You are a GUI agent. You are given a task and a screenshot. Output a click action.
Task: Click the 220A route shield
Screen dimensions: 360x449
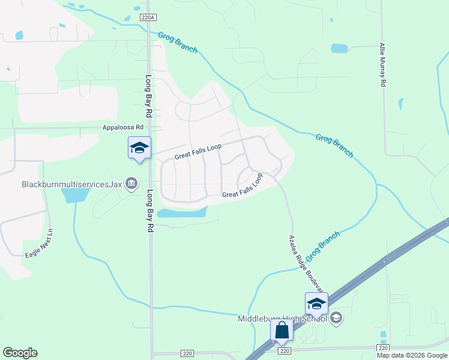pyautogui.click(x=148, y=18)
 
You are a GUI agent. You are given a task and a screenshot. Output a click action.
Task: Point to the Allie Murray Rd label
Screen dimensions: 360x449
pyautogui.click(x=382, y=65)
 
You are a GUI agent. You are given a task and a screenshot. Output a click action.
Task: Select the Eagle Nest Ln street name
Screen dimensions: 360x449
pyautogui.click(x=39, y=244)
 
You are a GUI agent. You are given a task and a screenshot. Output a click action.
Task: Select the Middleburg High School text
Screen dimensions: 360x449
pyautogui.click(x=282, y=319)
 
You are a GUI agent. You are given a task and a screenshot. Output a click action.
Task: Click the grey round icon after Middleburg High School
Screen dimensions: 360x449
pyautogui.click(x=336, y=317)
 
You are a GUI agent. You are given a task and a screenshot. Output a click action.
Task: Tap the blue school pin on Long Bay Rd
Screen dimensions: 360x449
pyautogui.click(x=139, y=148)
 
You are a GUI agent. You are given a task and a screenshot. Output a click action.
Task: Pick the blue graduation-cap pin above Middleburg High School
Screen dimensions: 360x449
pyautogui.click(x=316, y=304)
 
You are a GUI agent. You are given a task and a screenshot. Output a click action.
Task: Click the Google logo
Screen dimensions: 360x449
pyautogui.click(x=20, y=353)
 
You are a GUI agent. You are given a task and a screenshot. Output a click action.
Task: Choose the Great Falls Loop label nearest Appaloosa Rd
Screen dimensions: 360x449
pyautogui.click(x=198, y=151)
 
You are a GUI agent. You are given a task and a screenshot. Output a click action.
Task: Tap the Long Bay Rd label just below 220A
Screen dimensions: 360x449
pyautogui.click(x=148, y=96)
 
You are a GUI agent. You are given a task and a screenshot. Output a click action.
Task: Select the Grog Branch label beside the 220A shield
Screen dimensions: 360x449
pyautogui.click(x=178, y=43)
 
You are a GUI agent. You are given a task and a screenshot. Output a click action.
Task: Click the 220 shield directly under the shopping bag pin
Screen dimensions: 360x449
pyautogui.click(x=285, y=351)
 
